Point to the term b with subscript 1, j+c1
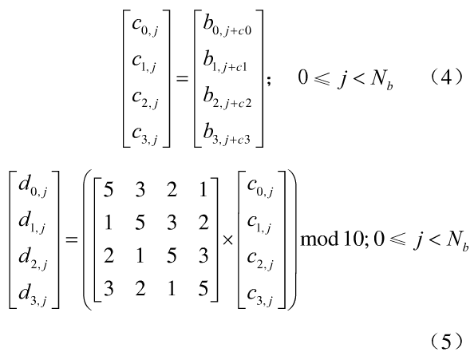coord(225,63)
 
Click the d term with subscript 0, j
coord(33,187)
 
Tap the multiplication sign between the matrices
coord(227,240)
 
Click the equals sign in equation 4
coord(182,79)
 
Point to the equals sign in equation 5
coord(72,240)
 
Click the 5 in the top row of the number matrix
coord(109,190)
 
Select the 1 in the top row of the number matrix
coord(203,190)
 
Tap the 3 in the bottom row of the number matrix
coord(109,288)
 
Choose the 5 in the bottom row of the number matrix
coord(203,288)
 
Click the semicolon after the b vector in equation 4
coord(269,81)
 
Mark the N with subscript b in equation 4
coord(381,80)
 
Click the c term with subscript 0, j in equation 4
coord(145,27)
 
